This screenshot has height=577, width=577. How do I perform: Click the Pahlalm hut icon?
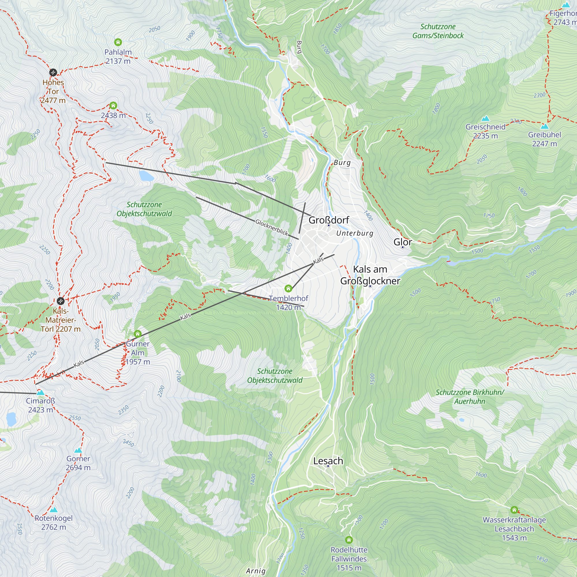click(118, 42)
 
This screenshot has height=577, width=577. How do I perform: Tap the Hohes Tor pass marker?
click(53, 72)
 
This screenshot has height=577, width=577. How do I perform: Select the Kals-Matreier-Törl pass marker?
click(61, 301)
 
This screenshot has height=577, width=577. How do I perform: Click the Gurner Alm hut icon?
click(137, 334)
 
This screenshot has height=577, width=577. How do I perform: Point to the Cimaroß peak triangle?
click(40, 392)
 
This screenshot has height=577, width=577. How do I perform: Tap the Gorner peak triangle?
click(78, 450)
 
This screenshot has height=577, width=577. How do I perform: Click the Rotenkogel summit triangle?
click(54, 510)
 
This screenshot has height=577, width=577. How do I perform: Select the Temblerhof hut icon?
click(288, 288)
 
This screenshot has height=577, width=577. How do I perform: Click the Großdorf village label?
click(329, 220)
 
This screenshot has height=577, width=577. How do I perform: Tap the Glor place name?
click(402, 242)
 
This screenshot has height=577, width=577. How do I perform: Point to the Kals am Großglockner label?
click(370, 275)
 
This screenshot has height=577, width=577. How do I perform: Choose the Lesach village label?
click(328, 461)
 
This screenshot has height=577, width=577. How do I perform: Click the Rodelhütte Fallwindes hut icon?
click(349, 540)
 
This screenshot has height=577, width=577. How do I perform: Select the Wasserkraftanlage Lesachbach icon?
click(514, 509)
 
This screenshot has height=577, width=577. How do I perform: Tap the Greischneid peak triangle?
click(486, 118)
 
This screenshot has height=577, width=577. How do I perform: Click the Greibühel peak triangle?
click(544, 126)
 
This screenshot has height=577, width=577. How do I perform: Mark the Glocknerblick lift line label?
click(272, 227)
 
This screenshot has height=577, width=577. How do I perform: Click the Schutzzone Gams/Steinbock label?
click(438, 31)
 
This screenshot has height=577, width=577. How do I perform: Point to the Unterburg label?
click(355, 233)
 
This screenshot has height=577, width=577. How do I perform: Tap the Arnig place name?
click(256, 571)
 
